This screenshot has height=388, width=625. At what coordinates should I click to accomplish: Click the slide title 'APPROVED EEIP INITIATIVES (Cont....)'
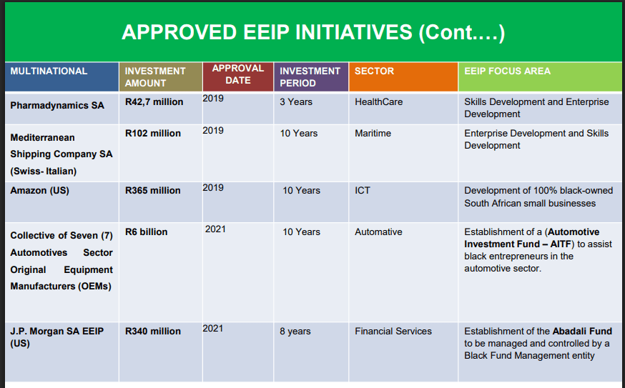click(313, 32)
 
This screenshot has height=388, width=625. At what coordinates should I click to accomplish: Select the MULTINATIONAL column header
click(49, 71)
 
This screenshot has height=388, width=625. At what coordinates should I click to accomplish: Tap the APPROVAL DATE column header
click(238, 74)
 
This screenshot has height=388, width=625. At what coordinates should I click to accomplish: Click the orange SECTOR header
click(374, 71)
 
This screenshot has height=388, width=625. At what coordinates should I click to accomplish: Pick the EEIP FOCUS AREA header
click(507, 71)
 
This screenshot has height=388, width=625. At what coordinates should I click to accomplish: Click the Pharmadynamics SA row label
click(57, 106)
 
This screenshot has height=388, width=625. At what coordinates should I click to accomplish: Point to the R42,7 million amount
click(154, 102)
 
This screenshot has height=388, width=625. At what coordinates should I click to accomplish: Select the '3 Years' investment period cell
click(296, 102)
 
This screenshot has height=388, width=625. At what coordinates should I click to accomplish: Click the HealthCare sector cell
click(379, 102)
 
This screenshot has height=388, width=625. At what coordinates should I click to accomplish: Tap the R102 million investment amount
click(152, 134)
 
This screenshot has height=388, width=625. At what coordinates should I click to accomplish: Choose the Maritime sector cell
click(373, 134)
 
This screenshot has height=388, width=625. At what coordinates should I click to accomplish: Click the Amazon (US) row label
click(39, 191)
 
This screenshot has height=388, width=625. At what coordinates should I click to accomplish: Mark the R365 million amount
click(152, 191)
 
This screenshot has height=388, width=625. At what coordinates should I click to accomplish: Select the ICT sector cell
click(363, 191)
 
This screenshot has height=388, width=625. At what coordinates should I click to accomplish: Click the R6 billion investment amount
click(147, 232)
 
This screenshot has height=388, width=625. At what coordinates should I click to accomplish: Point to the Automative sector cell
click(378, 232)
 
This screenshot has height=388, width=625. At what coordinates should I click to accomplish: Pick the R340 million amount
click(152, 332)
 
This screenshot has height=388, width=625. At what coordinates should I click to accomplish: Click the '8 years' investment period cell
click(295, 332)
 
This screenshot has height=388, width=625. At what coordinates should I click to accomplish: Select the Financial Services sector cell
click(393, 332)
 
